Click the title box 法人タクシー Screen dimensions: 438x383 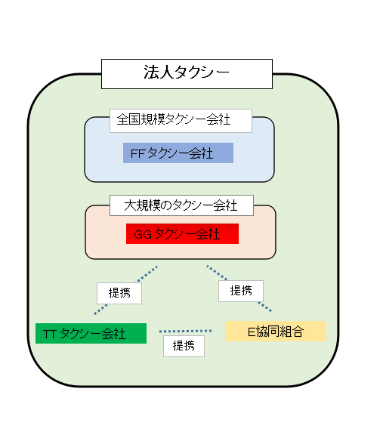186,73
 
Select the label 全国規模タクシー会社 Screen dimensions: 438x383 181,119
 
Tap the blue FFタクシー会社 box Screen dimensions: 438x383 178,153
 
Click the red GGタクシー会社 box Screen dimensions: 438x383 182,234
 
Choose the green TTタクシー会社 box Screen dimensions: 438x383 91,333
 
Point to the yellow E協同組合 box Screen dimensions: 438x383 275,331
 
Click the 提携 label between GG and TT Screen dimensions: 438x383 119,293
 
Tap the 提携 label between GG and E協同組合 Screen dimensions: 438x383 241,291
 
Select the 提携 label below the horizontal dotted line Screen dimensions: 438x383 184,346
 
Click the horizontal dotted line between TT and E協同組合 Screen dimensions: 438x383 185,331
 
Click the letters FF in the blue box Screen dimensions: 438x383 137,153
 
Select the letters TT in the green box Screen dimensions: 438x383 50,334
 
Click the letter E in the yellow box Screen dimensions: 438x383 250,331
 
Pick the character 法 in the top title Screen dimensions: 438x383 150,73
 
